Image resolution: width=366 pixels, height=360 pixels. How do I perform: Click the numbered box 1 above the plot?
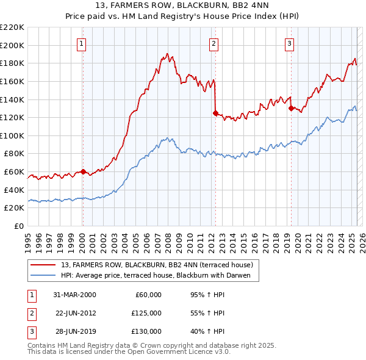click(x=82, y=43)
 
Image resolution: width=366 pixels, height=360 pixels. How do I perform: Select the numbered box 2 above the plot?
click(x=214, y=43)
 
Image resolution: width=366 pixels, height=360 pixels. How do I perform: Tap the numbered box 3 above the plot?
click(x=289, y=43)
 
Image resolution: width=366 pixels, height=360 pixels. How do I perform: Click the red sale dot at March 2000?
click(x=83, y=171)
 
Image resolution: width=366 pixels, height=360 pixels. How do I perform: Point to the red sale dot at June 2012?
click(x=215, y=113)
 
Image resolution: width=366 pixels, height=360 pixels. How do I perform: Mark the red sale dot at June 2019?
click(x=290, y=108)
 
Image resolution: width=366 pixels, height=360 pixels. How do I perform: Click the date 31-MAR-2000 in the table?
click(x=74, y=295)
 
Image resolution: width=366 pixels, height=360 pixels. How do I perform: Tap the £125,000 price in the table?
click(x=146, y=313)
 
